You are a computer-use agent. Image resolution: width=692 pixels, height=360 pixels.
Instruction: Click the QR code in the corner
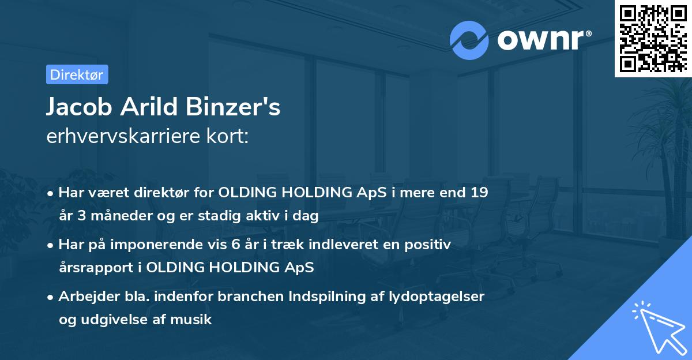click(653, 39)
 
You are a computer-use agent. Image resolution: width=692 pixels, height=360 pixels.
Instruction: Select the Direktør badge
click(77, 74)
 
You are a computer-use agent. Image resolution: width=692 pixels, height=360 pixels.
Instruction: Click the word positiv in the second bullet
click(430, 244)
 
